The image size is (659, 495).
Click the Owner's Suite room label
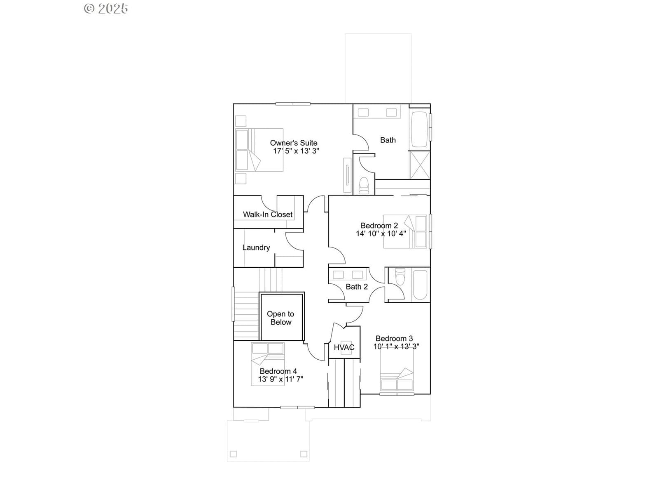click(x=293, y=143)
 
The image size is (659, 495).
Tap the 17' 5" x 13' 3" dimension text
click(x=296, y=151)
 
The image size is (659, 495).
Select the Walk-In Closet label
click(x=267, y=214)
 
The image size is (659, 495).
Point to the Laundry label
click(x=256, y=247)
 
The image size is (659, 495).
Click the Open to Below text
click(x=281, y=318)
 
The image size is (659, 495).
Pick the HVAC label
click(x=344, y=347)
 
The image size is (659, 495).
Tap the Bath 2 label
click(x=357, y=287)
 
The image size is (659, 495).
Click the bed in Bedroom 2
click(x=405, y=231)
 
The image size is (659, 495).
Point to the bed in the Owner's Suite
click(x=259, y=150)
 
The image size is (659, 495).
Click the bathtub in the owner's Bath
click(x=419, y=130)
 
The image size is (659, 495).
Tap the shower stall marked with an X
click(x=420, y=165)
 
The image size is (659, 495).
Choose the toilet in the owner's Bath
click(x=364, y=186)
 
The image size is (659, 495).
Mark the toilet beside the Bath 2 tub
click(x=400, y=276)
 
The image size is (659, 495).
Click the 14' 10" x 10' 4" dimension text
click(x=381, y=233)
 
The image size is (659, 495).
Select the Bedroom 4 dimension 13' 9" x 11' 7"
click(x=280, y=379)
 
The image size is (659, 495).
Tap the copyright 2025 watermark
click(x=106, y=8)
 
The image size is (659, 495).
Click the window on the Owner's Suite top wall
click(x=293, y=104)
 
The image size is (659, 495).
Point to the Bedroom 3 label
click(x=394, y=338)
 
